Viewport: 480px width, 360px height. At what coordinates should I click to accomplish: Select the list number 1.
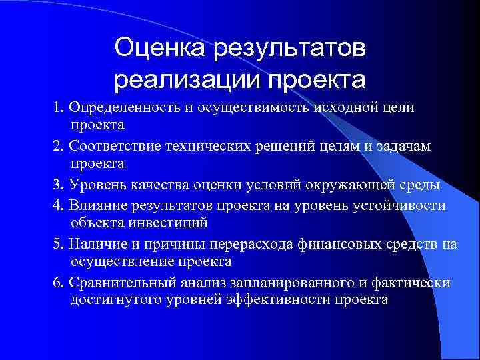click(x=59, y=109)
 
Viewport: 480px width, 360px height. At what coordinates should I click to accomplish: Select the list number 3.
click(x=59, y=185)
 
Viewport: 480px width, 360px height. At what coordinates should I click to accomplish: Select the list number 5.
click(x=59, y=245)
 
